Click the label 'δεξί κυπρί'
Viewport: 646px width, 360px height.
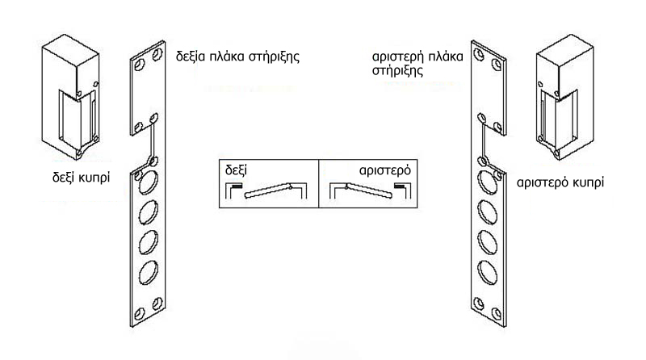pos(82,178)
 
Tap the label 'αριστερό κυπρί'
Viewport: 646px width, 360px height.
pos(560,182)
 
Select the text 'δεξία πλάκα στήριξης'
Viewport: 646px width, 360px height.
pos(237,57)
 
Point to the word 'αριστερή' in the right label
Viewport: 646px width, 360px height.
pos(397,57)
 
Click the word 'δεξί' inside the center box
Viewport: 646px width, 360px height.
pos(236,170)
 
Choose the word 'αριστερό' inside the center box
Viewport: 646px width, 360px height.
pos(385,170)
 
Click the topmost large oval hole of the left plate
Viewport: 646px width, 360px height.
pos(149,182)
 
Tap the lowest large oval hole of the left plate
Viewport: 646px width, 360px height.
pos(149,273)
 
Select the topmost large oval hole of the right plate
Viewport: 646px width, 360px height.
pos(488,182)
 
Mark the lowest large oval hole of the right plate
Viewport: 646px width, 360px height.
pos(488,273)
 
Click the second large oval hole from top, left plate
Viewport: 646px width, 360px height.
pos(149,212)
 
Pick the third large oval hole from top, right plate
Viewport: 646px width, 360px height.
pos(488,243)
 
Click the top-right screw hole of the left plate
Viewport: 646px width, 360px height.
pos(157,54)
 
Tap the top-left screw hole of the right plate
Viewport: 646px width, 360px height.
pos(479,54)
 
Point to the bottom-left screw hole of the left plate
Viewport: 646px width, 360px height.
pos(139,314)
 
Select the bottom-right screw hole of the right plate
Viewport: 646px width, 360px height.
pos(497,314)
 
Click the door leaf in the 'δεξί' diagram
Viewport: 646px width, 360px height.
pos(268,190)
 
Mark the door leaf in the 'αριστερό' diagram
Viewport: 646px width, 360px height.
pos(369,190)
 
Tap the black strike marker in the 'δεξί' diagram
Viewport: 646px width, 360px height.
pos(237,186)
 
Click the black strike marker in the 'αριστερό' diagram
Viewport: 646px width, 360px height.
pos(400,186)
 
